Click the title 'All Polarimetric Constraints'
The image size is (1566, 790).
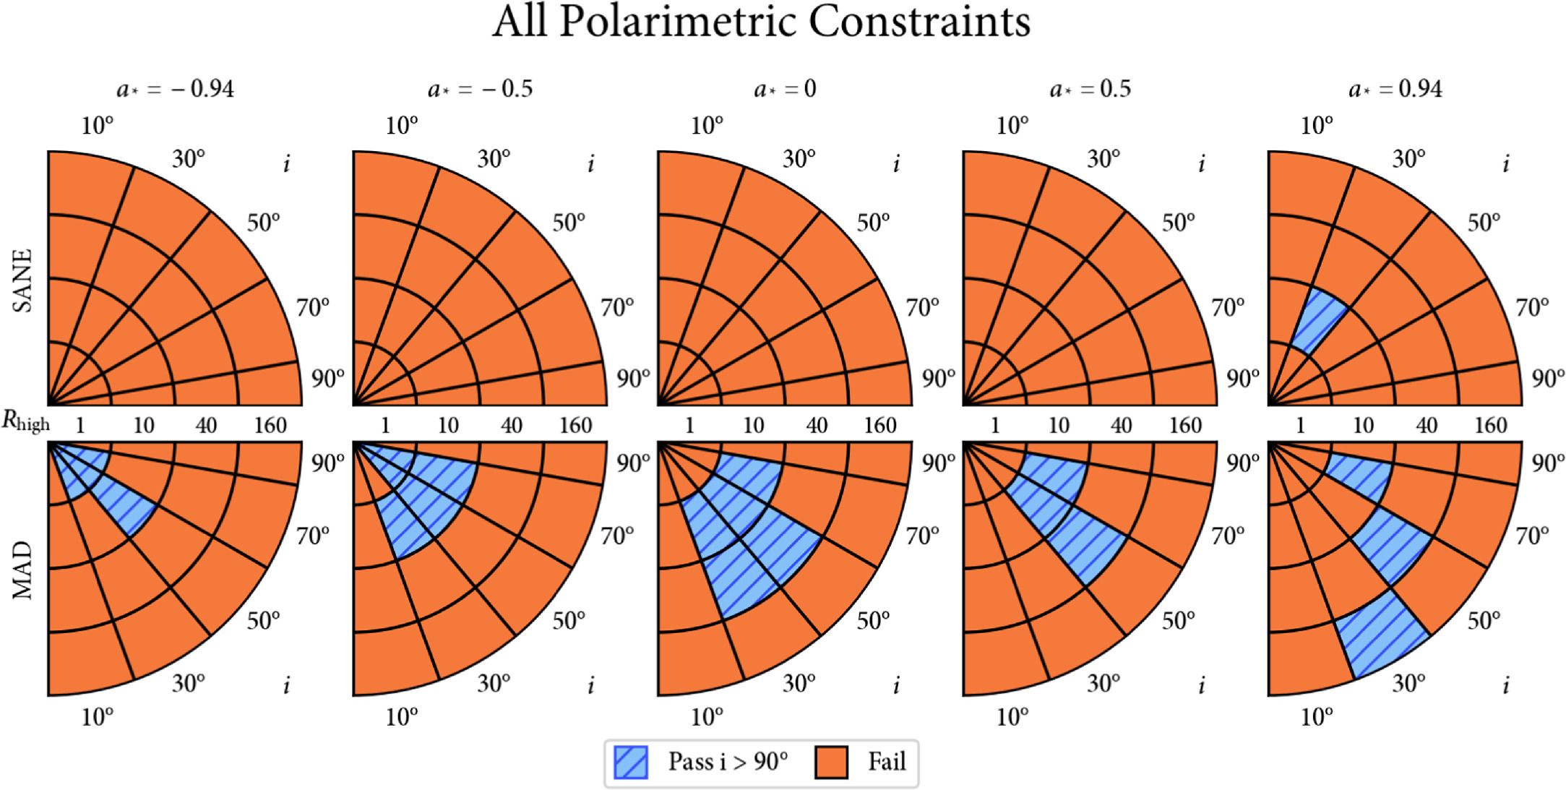coord(761,22)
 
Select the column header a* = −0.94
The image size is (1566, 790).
coord(175,89)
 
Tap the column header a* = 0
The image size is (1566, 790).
coord(785,89)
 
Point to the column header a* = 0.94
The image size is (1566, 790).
coord(1395,89)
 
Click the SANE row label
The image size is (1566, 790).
coord(23,280)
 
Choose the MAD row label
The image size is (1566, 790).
coord(23,570)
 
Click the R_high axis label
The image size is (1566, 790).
coord(25,421)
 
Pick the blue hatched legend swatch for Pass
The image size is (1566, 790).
coord(630,763)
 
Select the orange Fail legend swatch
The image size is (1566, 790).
coord(831,763)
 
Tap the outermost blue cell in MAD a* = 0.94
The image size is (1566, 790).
coord(1380,634)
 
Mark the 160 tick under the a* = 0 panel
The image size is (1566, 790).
coord(880,425)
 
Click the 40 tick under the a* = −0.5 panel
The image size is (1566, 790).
coord(512,425)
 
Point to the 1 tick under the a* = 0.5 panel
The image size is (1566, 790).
coord(995,425)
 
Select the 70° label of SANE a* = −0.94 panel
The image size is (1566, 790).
coord(313,308)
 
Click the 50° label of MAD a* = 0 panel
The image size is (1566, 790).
coord(873,621)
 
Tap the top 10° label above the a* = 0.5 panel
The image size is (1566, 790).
coord(1012,126)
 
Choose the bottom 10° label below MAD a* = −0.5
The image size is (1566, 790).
coord(402,717)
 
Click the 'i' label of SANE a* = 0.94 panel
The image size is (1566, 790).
coord(1506,165)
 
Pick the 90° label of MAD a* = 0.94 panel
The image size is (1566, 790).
coord(1548,463)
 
